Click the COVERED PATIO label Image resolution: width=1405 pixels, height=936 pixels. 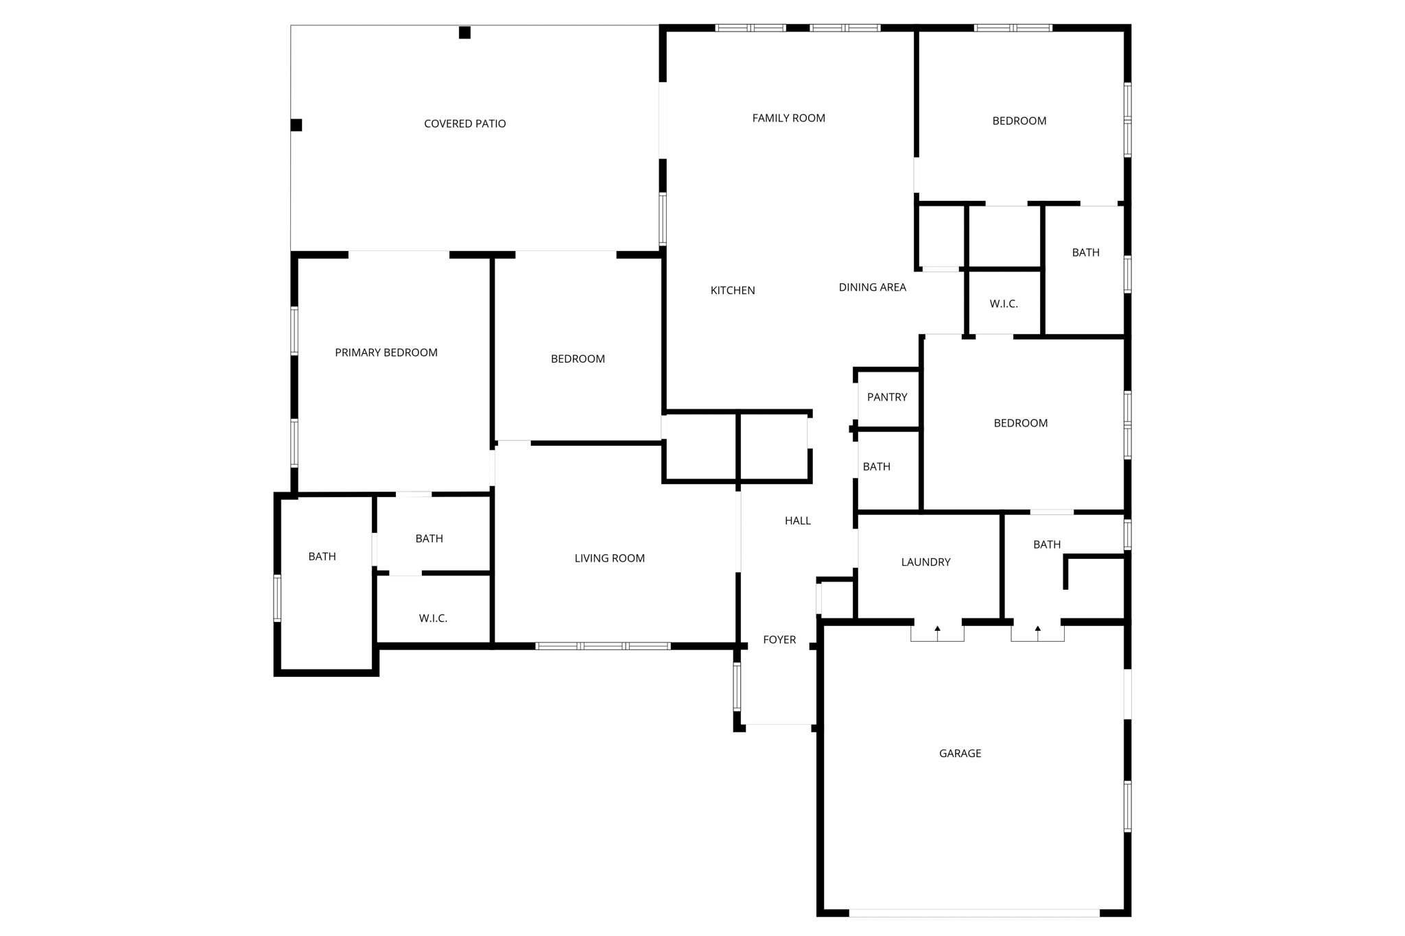tap(464, 123)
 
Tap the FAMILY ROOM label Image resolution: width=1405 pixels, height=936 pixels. tap(788, 118)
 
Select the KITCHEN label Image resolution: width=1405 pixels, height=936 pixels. tap(732, 290)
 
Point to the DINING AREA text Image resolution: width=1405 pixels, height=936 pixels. tap(872, 287)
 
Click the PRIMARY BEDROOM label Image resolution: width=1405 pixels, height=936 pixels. tap(386, 352)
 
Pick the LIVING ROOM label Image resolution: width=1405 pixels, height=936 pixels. tap(609, 558)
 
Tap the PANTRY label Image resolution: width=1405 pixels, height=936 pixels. tap(886, 397)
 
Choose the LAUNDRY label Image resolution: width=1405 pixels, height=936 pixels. tap(925, 562)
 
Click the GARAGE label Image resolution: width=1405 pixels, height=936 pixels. tap(960, 753)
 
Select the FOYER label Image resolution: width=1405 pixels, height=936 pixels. tap(779, 640)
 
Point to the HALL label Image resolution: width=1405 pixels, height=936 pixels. tap(797, 521)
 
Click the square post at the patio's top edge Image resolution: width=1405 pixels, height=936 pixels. tap(464, 32)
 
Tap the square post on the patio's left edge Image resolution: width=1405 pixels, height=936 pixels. tap(296, 125)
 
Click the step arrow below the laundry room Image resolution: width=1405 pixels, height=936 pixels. tap(937, 628)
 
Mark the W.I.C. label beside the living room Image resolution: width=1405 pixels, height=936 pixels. tap(433, 619)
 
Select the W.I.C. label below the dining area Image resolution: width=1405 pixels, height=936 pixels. tap(1003, 304)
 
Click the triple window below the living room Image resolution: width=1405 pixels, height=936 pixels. tap(602, 646)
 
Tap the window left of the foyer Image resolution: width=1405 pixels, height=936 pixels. tap(737, 686)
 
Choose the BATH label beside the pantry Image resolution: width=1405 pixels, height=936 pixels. tap(876, 467)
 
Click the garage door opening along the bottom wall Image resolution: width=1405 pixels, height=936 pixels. tap(974, 913)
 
